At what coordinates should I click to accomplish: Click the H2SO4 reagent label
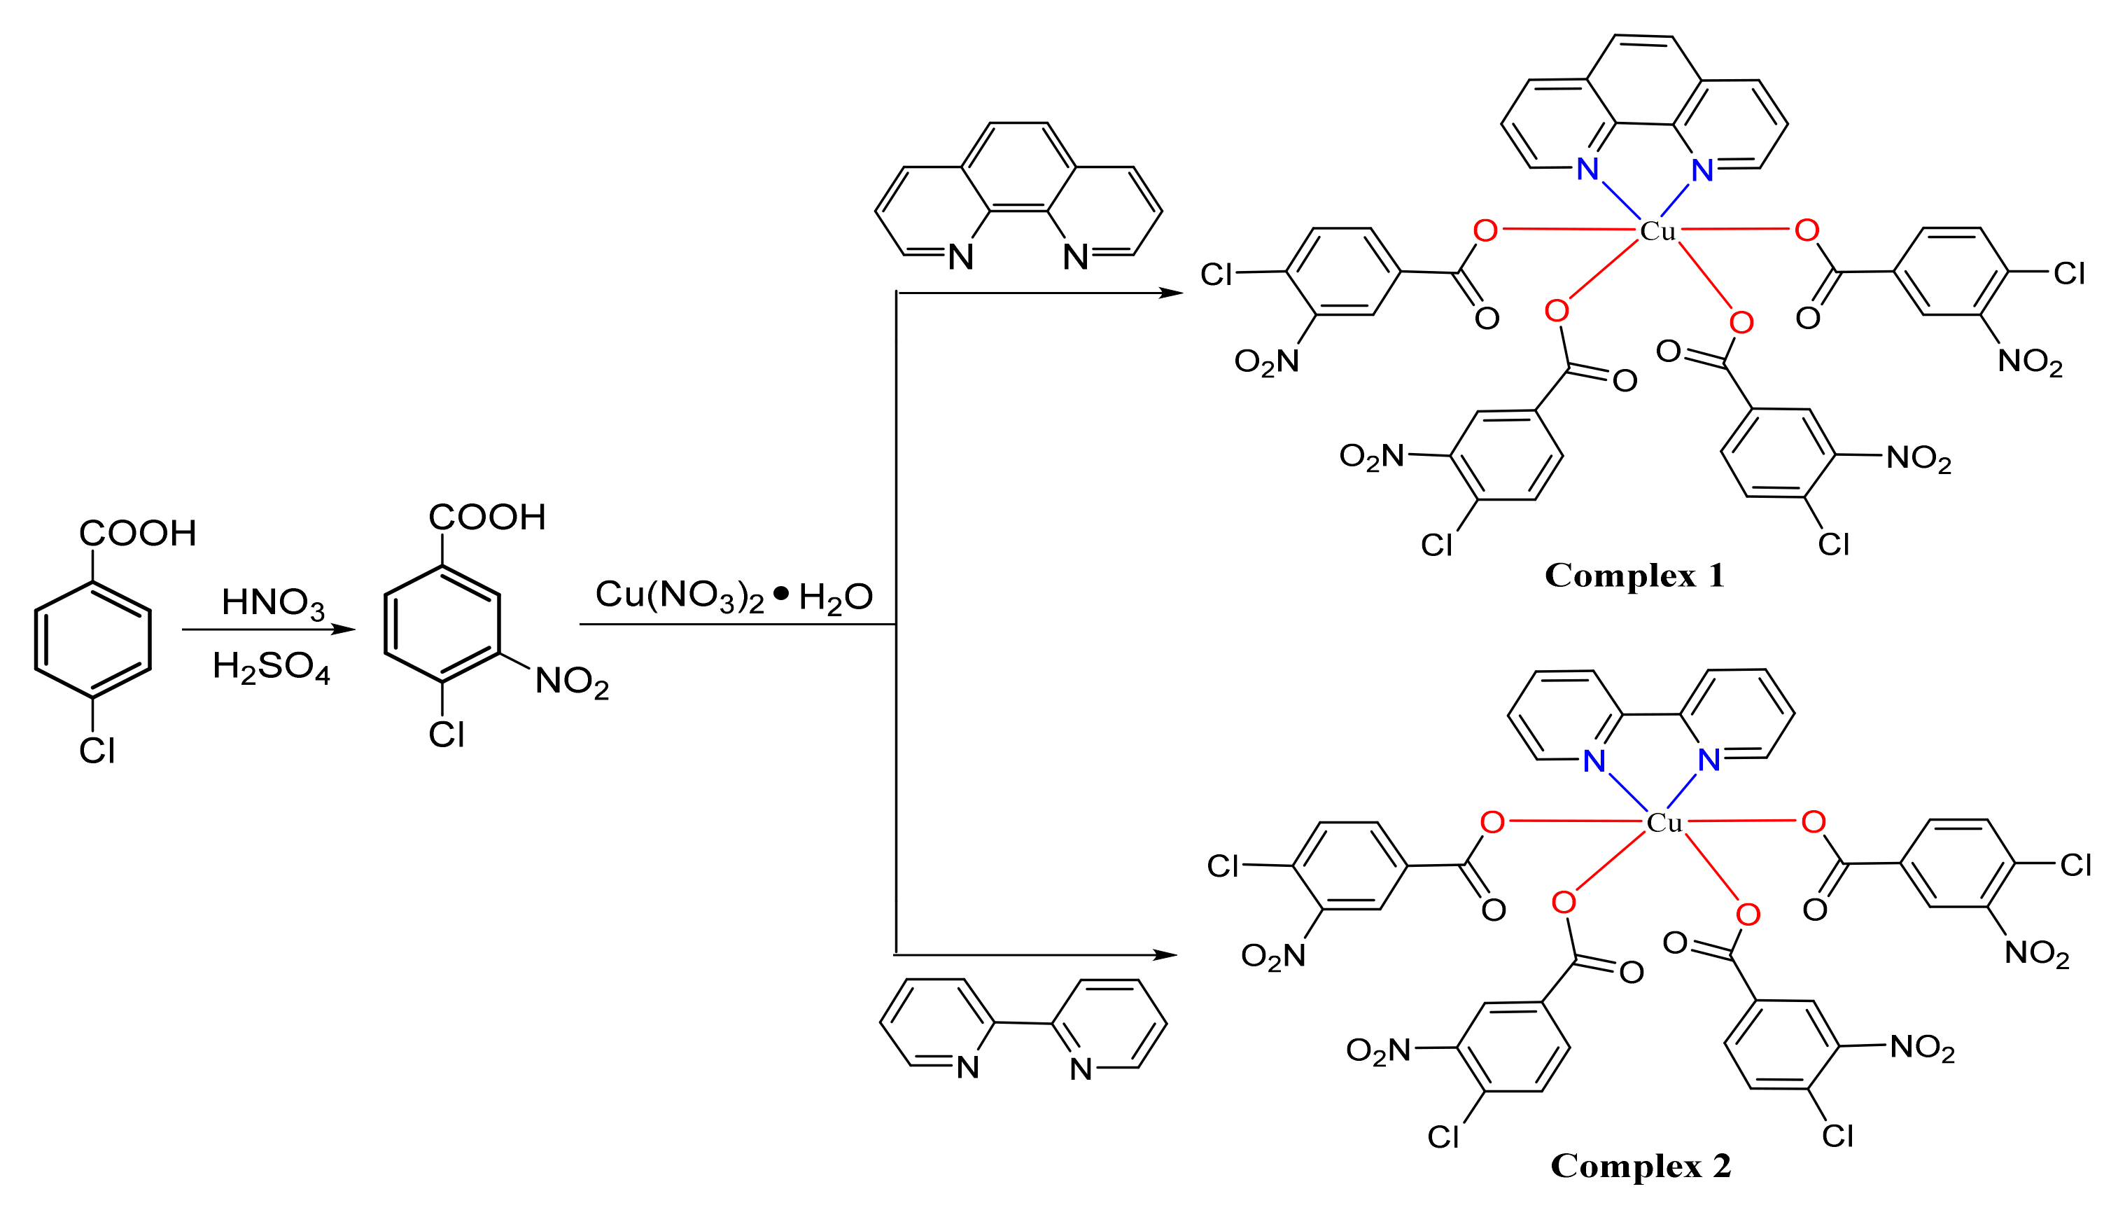[271, 667]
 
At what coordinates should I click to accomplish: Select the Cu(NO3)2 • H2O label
[734, 595]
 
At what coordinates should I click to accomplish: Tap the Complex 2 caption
[1641, 1165]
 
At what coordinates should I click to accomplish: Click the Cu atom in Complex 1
[1657, 231]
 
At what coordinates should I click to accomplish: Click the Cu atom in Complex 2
[1664, 823]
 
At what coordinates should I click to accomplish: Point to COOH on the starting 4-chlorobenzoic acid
[138, 534]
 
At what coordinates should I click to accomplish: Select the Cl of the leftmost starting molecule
[97, 751]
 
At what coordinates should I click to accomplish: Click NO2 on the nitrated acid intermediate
[572, 682]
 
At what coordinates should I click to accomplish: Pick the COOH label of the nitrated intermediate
[487, 517]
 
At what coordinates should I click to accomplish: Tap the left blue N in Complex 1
[1587, 169]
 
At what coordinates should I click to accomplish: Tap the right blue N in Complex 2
[1709, 760]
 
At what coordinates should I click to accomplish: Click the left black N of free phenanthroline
[960, 258]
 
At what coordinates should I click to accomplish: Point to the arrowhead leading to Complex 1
[1172, 293]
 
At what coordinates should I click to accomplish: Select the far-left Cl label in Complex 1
[1216, 275]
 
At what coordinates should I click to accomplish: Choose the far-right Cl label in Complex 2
[2075, 865]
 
